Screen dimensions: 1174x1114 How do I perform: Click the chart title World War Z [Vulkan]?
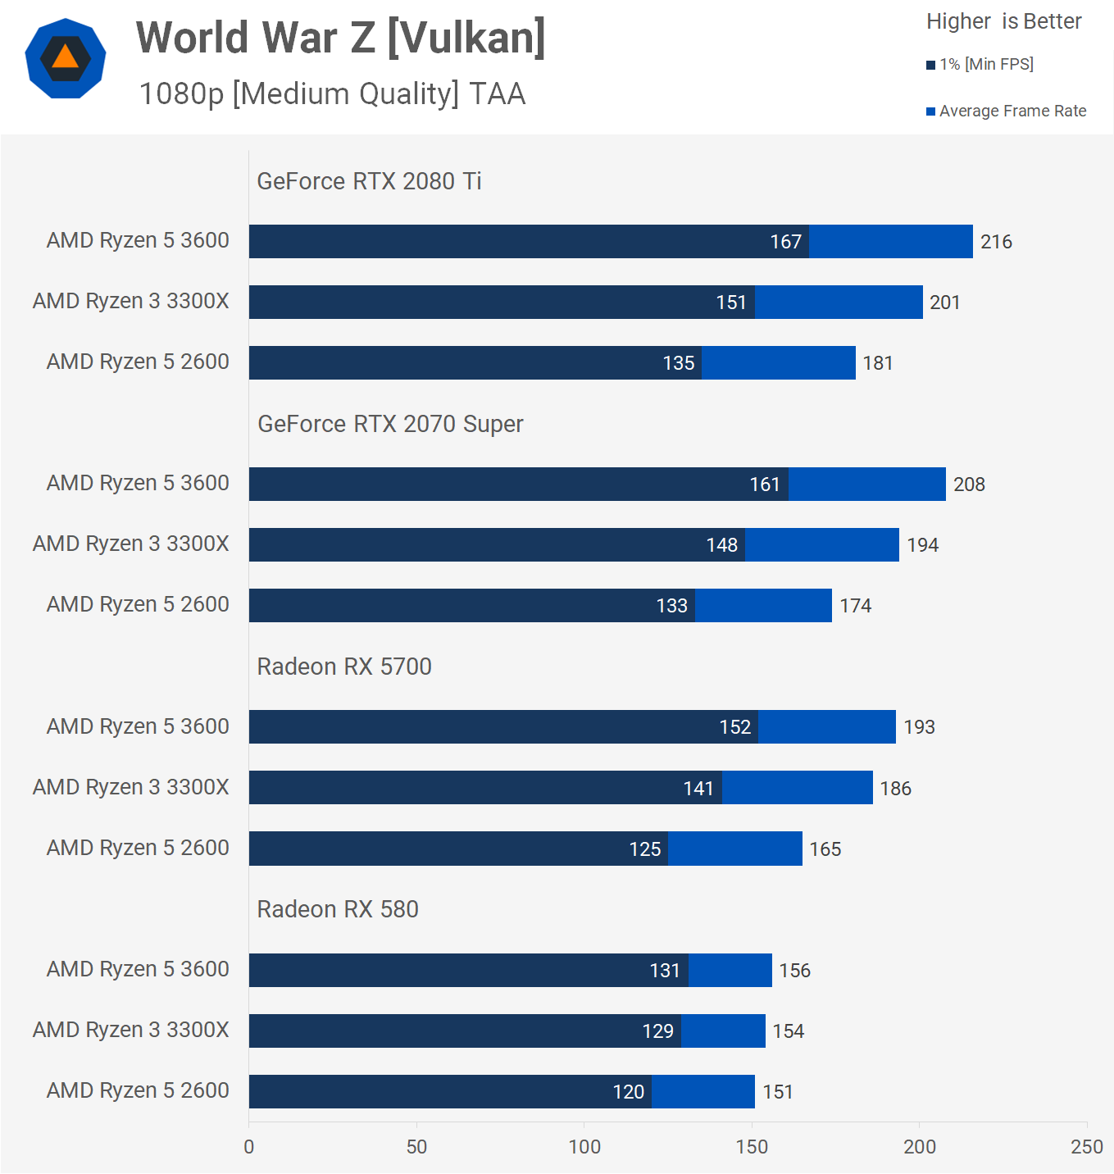340,38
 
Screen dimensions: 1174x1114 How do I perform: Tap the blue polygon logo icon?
66,58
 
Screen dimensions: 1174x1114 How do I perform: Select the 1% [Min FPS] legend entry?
980,64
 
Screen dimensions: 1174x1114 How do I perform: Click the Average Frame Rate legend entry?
1007,111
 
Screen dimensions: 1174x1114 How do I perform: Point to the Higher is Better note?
1003,21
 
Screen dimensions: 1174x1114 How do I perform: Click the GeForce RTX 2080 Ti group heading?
369,181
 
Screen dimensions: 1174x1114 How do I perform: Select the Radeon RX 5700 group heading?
344,667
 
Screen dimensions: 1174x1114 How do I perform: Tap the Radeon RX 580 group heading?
338,909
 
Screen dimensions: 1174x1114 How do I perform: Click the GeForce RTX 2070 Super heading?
390,424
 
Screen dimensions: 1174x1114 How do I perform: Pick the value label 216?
996,242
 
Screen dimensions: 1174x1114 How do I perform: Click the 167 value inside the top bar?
785,242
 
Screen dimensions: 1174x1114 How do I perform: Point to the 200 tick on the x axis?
920,1146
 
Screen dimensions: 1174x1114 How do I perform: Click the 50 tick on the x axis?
416,1146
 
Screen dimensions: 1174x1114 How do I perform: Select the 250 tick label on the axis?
1087,1146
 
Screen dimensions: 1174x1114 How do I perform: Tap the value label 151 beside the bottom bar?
778,1092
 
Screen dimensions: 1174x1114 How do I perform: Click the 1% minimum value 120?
629,1092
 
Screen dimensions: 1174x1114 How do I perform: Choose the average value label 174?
855,606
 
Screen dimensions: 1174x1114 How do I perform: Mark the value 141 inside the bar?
698,789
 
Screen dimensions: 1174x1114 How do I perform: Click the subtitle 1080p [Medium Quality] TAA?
332,94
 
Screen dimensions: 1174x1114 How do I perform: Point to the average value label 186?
895,789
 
